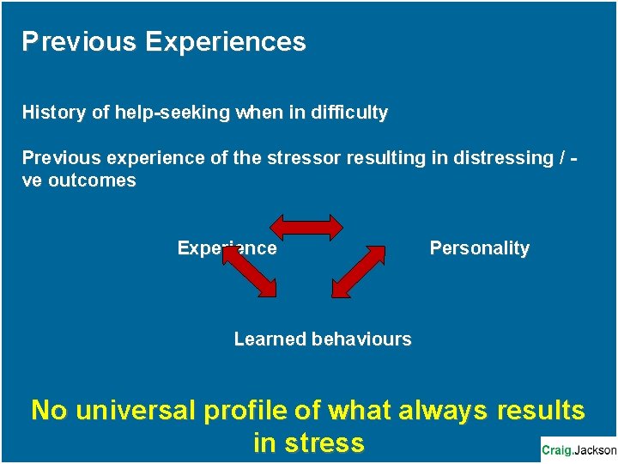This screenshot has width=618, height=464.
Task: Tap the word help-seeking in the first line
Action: pyautogui.click(x=154, y=113)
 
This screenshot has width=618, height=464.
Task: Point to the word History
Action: pyautogui.click(x=51, y=113)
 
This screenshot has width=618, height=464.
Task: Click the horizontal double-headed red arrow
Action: pyautogui.click(x=306, y=227)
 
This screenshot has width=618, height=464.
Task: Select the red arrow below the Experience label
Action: pyautogui.click(x=250, y=272)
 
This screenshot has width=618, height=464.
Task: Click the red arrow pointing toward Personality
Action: pyautogui.click(x=358, y=271)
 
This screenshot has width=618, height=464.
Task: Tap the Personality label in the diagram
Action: pyautogui.click(x=479, y=248)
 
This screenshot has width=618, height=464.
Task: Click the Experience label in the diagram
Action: pyautogui.click(x=227, y=248)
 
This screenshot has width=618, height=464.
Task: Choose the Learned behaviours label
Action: pyautogui.click(x=323, y=339)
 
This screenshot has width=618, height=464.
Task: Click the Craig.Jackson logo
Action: pyautogui.click(x=579, y=449)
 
